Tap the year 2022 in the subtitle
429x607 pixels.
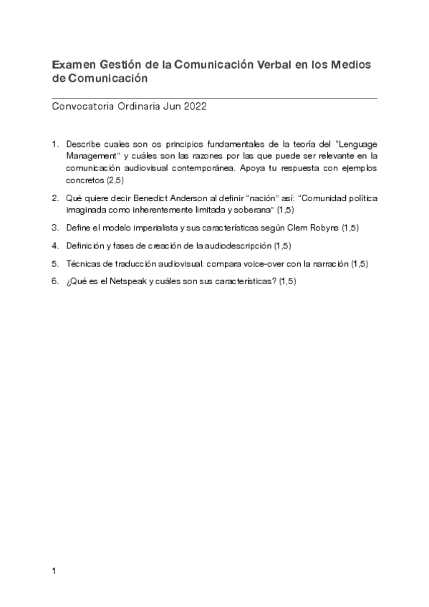[x=196, y=108]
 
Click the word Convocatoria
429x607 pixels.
[x=82, y=108]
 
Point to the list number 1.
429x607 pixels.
[x=54, y=144]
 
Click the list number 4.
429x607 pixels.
[x=54, y=246]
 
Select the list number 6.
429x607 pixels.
[x=54, y=281]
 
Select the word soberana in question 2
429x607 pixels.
[x=256, y=210]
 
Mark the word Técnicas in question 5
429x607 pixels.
[x=82, y=263]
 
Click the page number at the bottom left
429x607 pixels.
[x=54, y=571]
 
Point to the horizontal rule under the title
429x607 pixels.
[x=215, y=97]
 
